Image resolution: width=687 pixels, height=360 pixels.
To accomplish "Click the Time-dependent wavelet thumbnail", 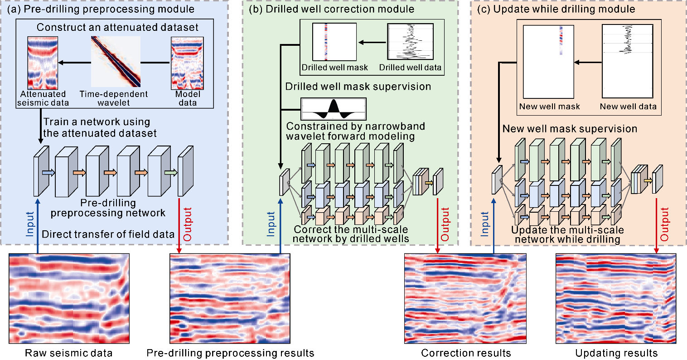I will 116,61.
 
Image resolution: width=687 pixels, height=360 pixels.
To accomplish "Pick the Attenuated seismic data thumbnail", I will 43,63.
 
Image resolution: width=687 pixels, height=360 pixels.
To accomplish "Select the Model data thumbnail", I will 188,63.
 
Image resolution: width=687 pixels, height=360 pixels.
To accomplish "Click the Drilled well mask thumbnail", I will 334,42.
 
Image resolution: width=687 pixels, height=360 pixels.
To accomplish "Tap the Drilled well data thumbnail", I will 411,42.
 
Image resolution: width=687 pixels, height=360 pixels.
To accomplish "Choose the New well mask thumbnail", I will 549,62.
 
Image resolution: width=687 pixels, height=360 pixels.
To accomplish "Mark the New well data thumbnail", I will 628,62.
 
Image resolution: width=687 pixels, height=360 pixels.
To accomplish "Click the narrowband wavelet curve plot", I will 334,109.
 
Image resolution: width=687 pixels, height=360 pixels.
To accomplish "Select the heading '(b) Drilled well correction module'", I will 332,9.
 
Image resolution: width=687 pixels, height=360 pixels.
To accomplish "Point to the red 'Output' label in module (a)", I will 187,224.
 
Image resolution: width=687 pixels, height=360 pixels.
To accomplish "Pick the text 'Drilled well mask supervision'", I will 358,87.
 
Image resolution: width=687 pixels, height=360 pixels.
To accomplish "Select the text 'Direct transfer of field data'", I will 108,234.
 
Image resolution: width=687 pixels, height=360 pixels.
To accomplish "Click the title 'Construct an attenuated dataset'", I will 117,27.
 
